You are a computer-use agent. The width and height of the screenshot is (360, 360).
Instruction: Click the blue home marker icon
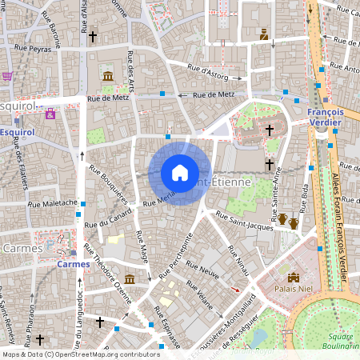tap(180, 173)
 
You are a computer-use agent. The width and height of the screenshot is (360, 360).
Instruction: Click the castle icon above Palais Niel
tap(294, 278)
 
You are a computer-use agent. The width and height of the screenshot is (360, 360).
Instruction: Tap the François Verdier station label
tap(326, 118)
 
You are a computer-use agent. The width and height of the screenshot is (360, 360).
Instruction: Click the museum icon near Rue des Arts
tap(107, 76)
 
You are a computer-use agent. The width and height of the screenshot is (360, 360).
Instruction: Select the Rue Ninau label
tap(238, 263)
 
